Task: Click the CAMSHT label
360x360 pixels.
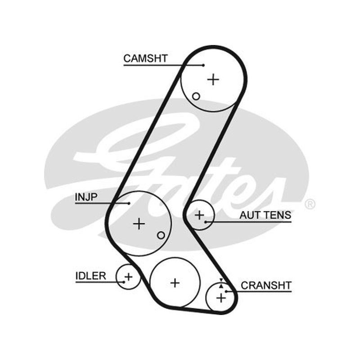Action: coord(145,58)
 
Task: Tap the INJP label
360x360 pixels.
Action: coord(86,197)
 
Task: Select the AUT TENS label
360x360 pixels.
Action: coord(265,216)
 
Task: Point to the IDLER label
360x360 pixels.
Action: coord(91,276)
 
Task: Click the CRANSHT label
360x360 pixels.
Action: coord(266,285)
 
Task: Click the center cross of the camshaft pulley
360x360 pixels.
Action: coord(213,80)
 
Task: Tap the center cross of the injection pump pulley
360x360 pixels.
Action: coord(139,223)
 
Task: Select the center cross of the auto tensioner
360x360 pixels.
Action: coord(199,215)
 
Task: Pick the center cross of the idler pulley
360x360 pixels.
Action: coord(128,276)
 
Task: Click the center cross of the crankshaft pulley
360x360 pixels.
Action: coord(221,298)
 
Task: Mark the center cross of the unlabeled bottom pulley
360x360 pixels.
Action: coord(175,283)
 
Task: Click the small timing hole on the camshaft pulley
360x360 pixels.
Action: coord(196,96)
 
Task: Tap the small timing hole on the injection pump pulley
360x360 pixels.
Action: coord(161,235)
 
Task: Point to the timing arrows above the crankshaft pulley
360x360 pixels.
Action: coord(221,283)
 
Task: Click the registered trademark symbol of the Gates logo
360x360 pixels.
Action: coord(310,204)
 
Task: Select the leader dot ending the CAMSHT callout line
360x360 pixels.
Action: coord(203,65)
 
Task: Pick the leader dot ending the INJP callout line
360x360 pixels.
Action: coord(129,203)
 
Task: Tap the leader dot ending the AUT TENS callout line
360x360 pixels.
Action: coord(206,222)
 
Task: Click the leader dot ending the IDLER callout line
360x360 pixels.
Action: coord(124,282)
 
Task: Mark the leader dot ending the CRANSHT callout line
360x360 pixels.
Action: coord(226,292)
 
